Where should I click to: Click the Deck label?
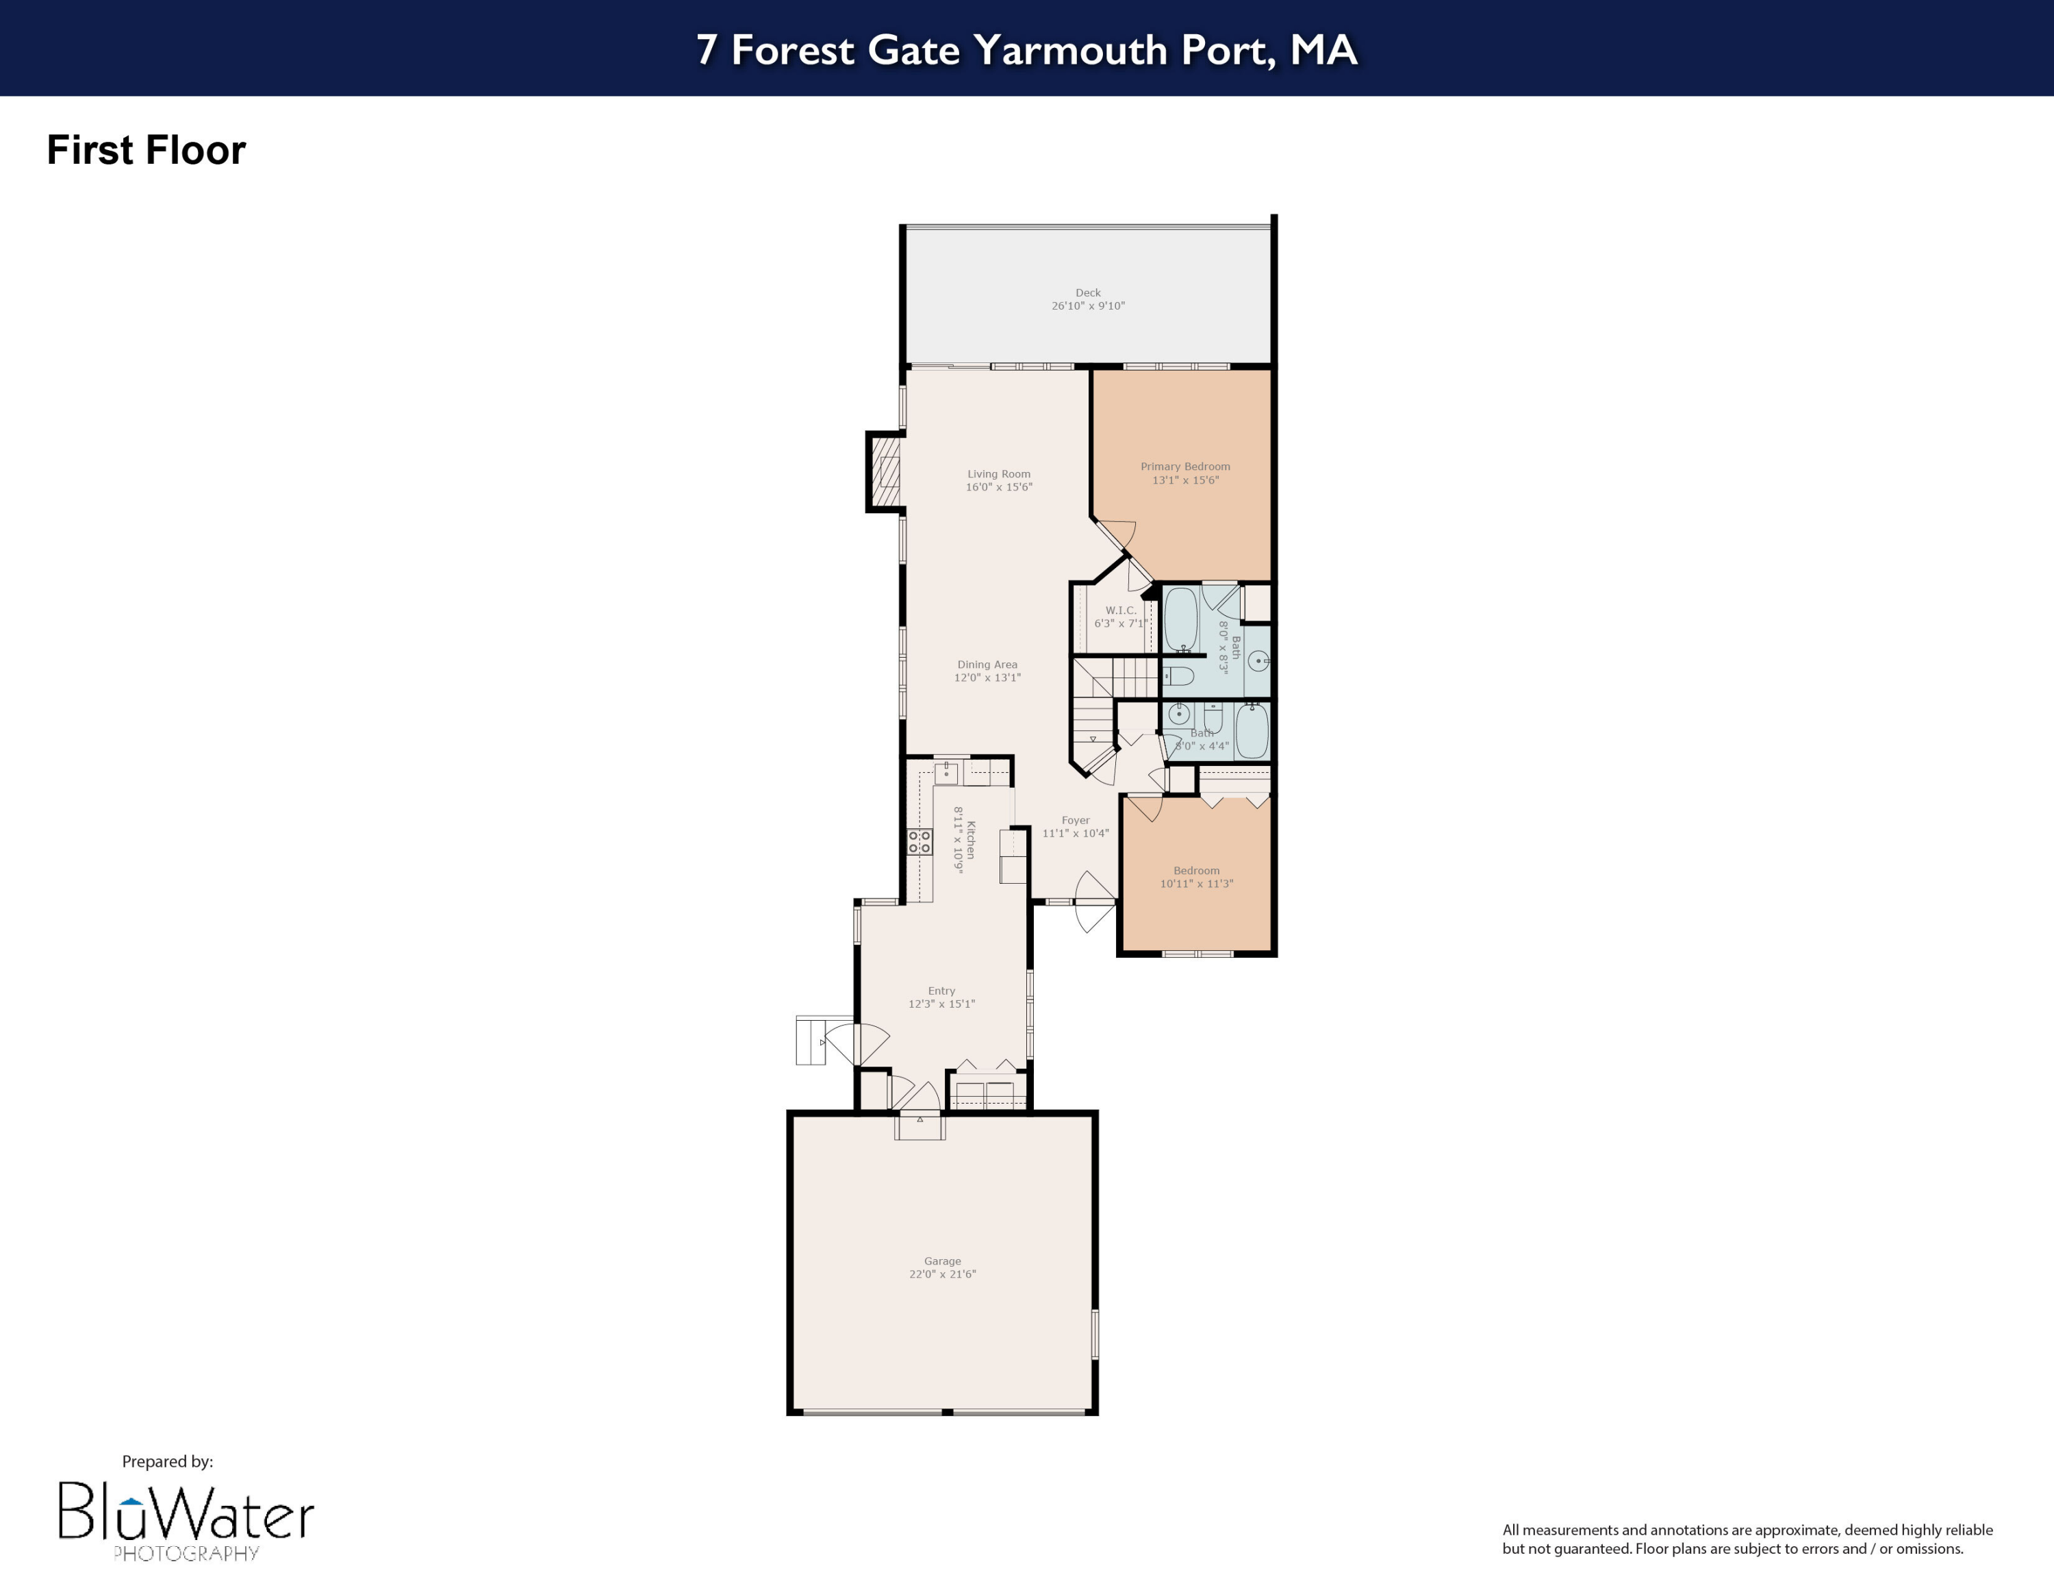pos(1087,293)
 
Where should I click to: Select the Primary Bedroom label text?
pos(1185,467)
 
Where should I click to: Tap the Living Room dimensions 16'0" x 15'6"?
pos(999,487)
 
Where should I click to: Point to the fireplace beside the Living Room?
pos(884,471)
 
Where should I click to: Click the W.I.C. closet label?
pos(1120,610)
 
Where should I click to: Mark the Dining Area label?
pos(987,664)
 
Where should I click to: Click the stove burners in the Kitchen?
pos(919,842)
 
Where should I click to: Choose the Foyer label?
pos(1075,820)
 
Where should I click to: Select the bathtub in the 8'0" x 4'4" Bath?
pos(1251,731)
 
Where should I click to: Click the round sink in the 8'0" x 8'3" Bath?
pos(1258,661)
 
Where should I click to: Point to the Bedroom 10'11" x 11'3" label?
pos(1196,877)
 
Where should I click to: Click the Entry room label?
pos(941,991)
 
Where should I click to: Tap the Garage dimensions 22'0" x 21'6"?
pos(942,1274)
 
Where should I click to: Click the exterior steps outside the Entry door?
pos(811,1041)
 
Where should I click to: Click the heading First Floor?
pos(146,151)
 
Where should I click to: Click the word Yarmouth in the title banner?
pos(1069,50)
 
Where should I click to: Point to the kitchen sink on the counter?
pos(946,773)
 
